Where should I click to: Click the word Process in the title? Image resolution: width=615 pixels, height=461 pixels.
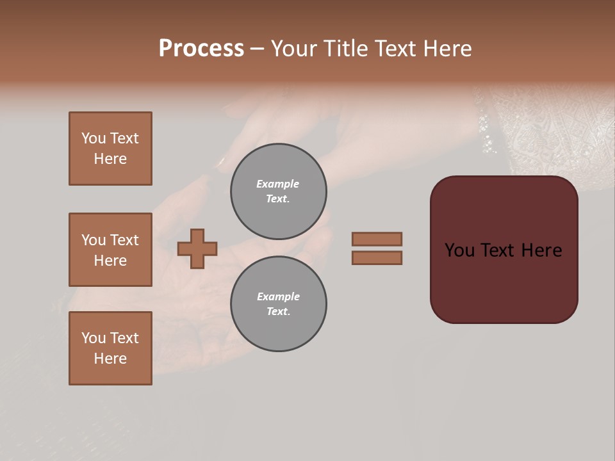click(x=201, y=49)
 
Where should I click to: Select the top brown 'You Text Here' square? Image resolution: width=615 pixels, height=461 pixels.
click(x=110, y=149)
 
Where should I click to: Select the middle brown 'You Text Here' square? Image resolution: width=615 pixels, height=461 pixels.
click(x=110, y=250)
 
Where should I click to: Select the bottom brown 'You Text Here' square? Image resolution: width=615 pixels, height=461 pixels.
click(x=110, y=348)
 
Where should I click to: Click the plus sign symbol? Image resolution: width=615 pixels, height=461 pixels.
click(x=197, y=248)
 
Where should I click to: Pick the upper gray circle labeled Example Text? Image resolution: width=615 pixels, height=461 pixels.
click(x=278, y=191)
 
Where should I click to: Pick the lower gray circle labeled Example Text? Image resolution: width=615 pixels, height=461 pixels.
click(x=278, y=304)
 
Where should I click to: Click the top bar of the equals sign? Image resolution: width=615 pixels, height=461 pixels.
click(x=377, y=239)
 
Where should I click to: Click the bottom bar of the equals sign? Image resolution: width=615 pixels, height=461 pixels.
click(x=377, y=257)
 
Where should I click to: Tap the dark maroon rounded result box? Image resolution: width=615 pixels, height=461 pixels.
click(x=504, y=282)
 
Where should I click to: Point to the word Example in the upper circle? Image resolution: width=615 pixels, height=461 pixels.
click(x=278, y=184)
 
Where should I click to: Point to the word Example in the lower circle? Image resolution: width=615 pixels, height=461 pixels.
click(x=278, y=296)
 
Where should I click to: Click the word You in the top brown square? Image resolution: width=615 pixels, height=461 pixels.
click(x=93, y=138)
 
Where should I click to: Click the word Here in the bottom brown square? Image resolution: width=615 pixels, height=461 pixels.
click(x=110, y=359)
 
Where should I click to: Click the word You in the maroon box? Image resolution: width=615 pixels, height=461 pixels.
click(x=459, y=250)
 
